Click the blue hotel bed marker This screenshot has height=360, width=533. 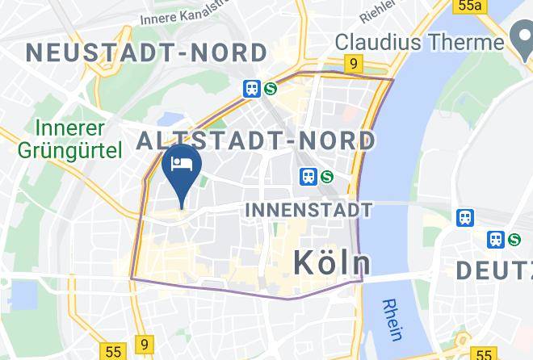pyautogui.click(x=182, y=165)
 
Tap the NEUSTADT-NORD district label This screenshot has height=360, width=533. pyautogui.click(x=146, y=53)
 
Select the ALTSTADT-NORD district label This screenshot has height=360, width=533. pyautogui.click(x=256, y=140)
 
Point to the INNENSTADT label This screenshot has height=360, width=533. pyautogui.click(x=308, y=210)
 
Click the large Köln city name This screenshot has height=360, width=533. pyautogui.click(x=331, y=262)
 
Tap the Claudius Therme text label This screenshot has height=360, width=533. pyautogui.click(x=419, y=41)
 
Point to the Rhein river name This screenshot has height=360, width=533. pyautogui.click(x=395, y=319)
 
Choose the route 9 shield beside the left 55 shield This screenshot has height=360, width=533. pyautogui.click(x=143, y=344)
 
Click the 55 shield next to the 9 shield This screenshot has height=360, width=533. pyautogui.click(x=112, y=352)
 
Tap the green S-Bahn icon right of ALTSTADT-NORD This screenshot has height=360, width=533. pyautogui.click(x=327, y=176)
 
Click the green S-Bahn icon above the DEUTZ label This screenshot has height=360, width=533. pyautogui.click(x=514, y=239)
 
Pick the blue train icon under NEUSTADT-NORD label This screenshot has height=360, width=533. pyautogui.click(x=252, y=89)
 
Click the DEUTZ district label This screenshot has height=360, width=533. pyautogui.click(x=494, y=270)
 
